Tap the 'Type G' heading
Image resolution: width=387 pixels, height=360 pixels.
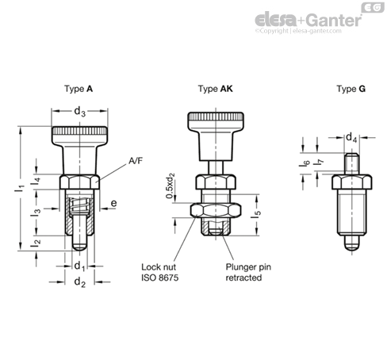(351, 90)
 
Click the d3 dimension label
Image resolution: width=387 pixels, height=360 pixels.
(79, 112)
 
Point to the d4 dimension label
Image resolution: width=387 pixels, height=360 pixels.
(350, 137)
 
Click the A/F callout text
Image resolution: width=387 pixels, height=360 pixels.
(136, 162)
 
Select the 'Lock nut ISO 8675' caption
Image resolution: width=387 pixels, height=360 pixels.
(160, 273)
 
